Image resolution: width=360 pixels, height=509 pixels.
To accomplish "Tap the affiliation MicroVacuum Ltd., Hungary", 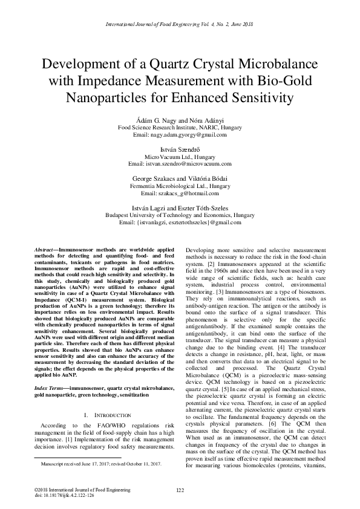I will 180,157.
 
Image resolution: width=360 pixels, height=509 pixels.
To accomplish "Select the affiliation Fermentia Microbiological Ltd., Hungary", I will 180,186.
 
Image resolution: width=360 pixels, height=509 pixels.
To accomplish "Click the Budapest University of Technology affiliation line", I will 180,215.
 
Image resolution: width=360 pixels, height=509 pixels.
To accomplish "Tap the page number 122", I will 180,490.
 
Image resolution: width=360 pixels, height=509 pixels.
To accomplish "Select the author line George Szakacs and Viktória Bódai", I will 180,178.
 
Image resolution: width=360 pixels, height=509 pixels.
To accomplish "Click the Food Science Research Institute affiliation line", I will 180,128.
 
